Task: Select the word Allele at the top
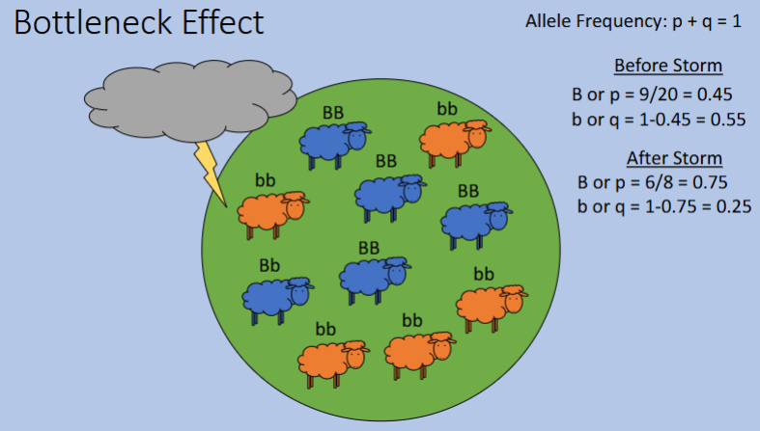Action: pos(549,21)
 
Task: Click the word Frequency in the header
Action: pos(619,21)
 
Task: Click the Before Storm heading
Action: pos(668,67)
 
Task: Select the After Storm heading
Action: pos(674,158)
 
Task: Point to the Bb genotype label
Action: pos(269,264)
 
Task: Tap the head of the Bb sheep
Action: pos(299,289)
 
